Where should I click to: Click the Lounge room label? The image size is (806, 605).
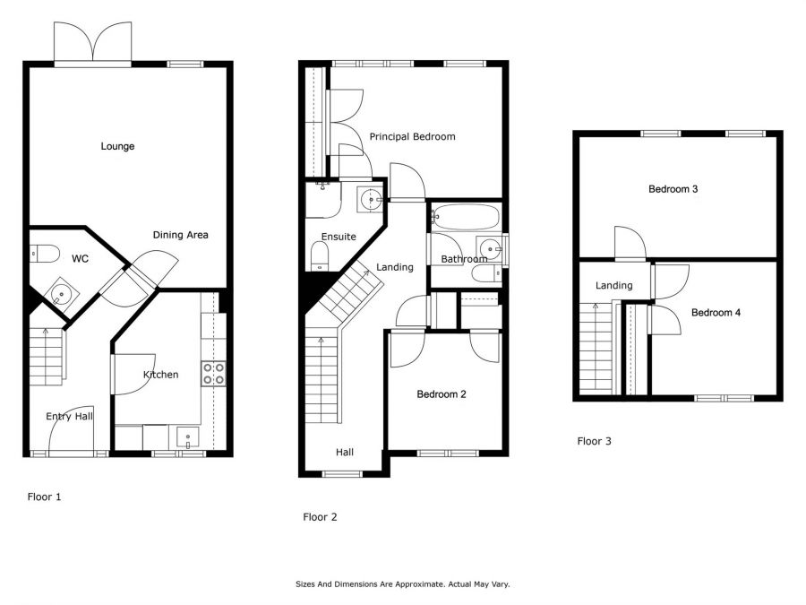[x=117, y=146]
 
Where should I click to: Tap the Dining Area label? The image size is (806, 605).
[x=180, y=235]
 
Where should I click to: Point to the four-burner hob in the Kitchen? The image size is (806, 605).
[x=213, y=373]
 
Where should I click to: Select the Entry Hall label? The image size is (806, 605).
[x=70, y=416]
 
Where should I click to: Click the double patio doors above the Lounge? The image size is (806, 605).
[x=92, y=43]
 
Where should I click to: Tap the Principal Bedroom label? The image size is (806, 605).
[x=412, y=137]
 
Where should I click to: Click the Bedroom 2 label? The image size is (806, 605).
[x=442, y=393]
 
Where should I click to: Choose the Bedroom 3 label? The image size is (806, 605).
[x=673, y=189]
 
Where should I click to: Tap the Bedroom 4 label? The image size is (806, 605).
[x=716, y=313]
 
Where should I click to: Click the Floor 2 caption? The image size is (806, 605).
[x=320, y=516]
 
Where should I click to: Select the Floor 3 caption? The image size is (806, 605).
[x=594, y=441]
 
